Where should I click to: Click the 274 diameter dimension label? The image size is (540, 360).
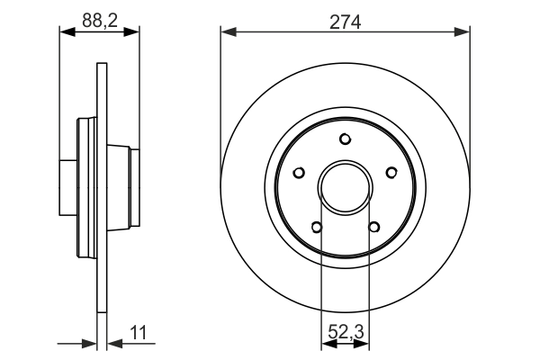[346, 22]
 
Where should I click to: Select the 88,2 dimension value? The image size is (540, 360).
[99, 19]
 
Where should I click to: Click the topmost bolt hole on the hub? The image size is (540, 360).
[346, 139]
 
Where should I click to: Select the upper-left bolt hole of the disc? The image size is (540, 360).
[301, 172]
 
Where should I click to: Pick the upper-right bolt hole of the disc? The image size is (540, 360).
[391, 172]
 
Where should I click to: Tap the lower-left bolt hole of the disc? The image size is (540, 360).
[318, 226]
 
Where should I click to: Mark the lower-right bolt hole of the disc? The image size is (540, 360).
[373, 226]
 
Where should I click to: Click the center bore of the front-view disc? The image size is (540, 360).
[346, 186]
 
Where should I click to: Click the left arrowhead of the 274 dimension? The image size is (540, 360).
[228, 32]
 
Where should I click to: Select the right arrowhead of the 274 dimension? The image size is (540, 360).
[463, 32]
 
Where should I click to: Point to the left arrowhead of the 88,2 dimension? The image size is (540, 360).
[66, 32]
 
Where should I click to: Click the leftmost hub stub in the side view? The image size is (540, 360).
[67, 185]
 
